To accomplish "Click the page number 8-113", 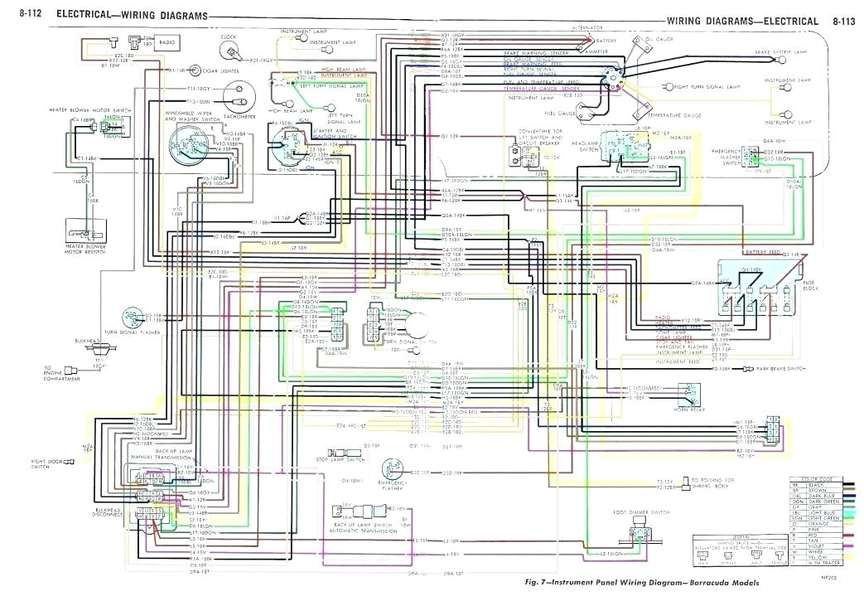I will point(843,20).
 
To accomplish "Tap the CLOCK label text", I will point(228,37).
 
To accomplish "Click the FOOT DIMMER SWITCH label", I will point(647,513).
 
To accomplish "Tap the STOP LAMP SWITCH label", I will point(341,458).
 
